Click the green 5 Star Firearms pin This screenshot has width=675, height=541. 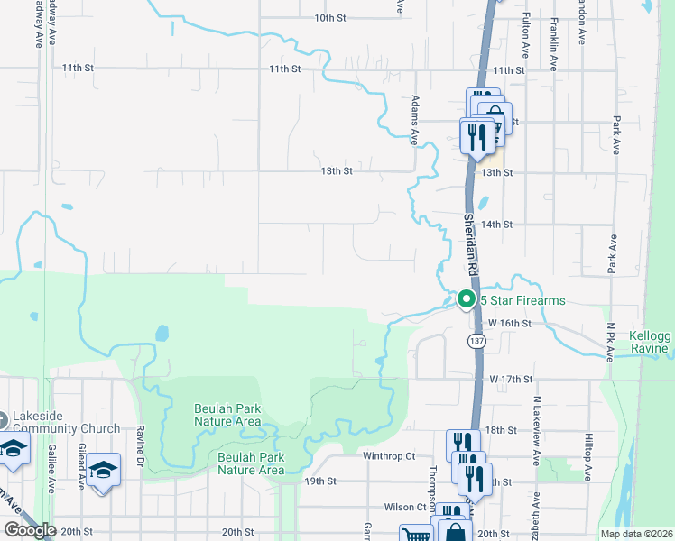[467, 298]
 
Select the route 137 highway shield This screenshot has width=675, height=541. [476, 340]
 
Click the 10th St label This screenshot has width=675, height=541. [330, 18]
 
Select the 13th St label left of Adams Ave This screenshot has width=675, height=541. [336, 170]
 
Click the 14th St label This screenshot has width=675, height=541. [497, 225]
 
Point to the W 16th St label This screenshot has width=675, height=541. [511, 323]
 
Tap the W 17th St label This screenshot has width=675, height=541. [510, 381]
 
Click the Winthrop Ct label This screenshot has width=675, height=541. [388, 456]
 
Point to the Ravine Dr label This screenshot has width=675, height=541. [141, 440]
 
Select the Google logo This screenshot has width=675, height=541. [30, 530]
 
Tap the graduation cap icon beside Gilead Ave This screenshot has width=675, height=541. [104, 470]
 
